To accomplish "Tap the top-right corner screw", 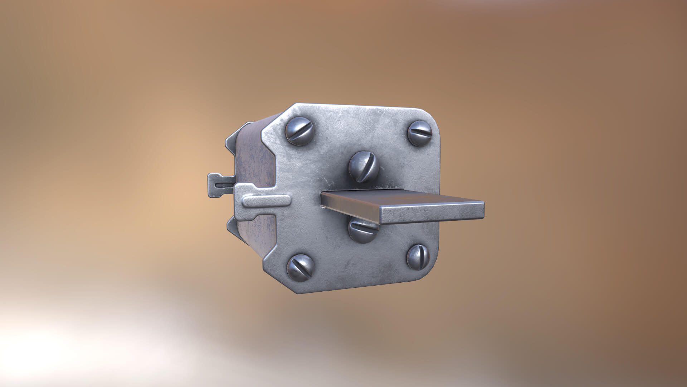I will (420, 133).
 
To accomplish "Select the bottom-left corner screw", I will (301, 268).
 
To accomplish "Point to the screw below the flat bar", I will (363, 229).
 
